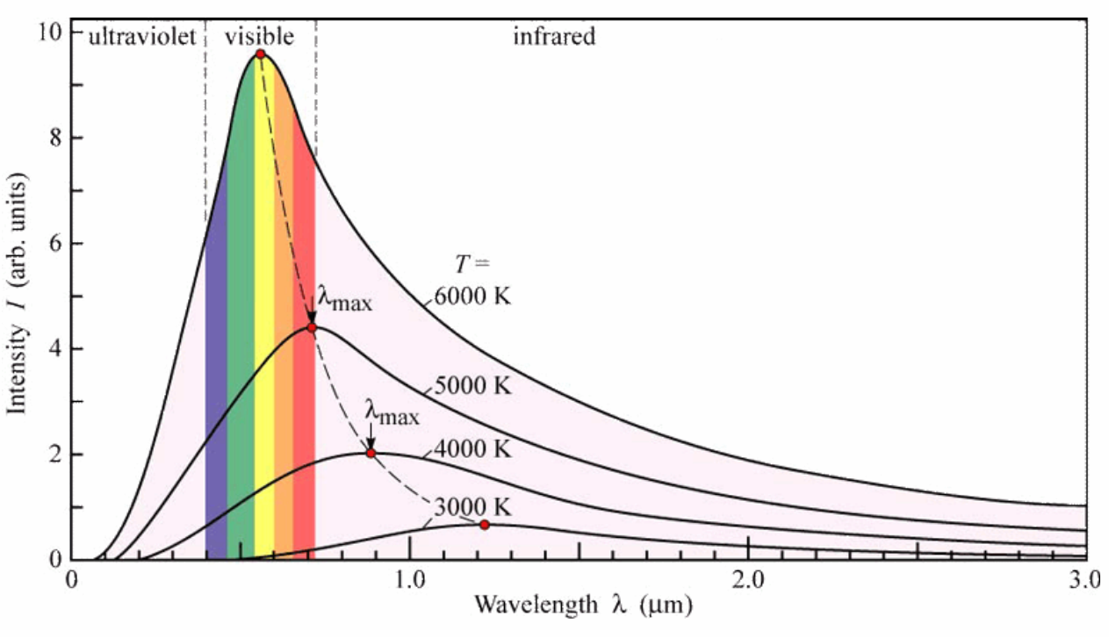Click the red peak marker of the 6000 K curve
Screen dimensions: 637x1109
[260, 54]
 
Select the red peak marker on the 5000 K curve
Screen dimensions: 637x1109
[311, 327]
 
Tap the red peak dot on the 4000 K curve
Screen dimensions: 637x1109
[371, 453]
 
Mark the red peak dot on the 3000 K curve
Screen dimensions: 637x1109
[484, 524]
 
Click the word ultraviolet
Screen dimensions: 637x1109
[140, 36]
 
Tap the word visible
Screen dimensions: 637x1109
[259, 36]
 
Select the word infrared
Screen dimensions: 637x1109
[554, 36]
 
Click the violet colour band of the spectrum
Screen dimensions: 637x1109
[216, 351]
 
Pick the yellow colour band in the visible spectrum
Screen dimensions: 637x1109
[263, 351]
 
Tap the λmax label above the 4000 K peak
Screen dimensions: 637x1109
[392, 412]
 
